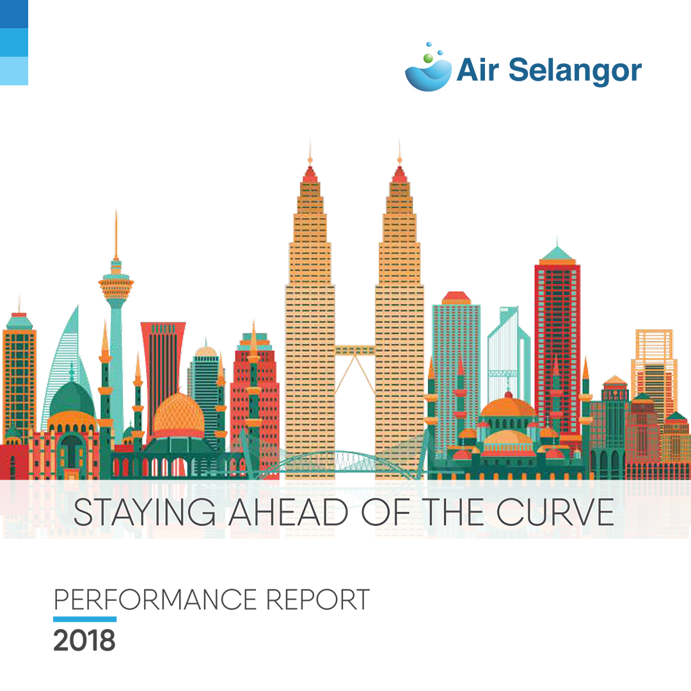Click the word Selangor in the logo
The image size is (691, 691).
tap(575, 70)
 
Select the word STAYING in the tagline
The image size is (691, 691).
tap(145, 512)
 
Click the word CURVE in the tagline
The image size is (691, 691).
tap(555, 512)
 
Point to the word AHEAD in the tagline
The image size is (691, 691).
tap(288, 512)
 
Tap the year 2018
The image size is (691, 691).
tap(84, 640)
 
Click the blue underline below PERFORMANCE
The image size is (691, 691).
tap(84, 619)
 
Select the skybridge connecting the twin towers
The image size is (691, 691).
tap(354, 351)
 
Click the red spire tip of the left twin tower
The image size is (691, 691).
tap(310, 174)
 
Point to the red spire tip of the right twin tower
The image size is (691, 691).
tap(399, 174)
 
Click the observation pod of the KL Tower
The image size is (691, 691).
tap(115, 284)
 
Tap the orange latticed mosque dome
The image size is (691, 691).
tap(179, 415)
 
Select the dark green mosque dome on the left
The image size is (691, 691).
tap(72, 399)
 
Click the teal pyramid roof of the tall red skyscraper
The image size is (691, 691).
tap(557, 253)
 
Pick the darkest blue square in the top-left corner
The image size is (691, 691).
tap(14, 14)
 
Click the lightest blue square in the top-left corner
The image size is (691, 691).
tap(14, 70)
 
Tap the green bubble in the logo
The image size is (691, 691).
tap(427, 58)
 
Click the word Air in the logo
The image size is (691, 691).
tap(478, 70)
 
